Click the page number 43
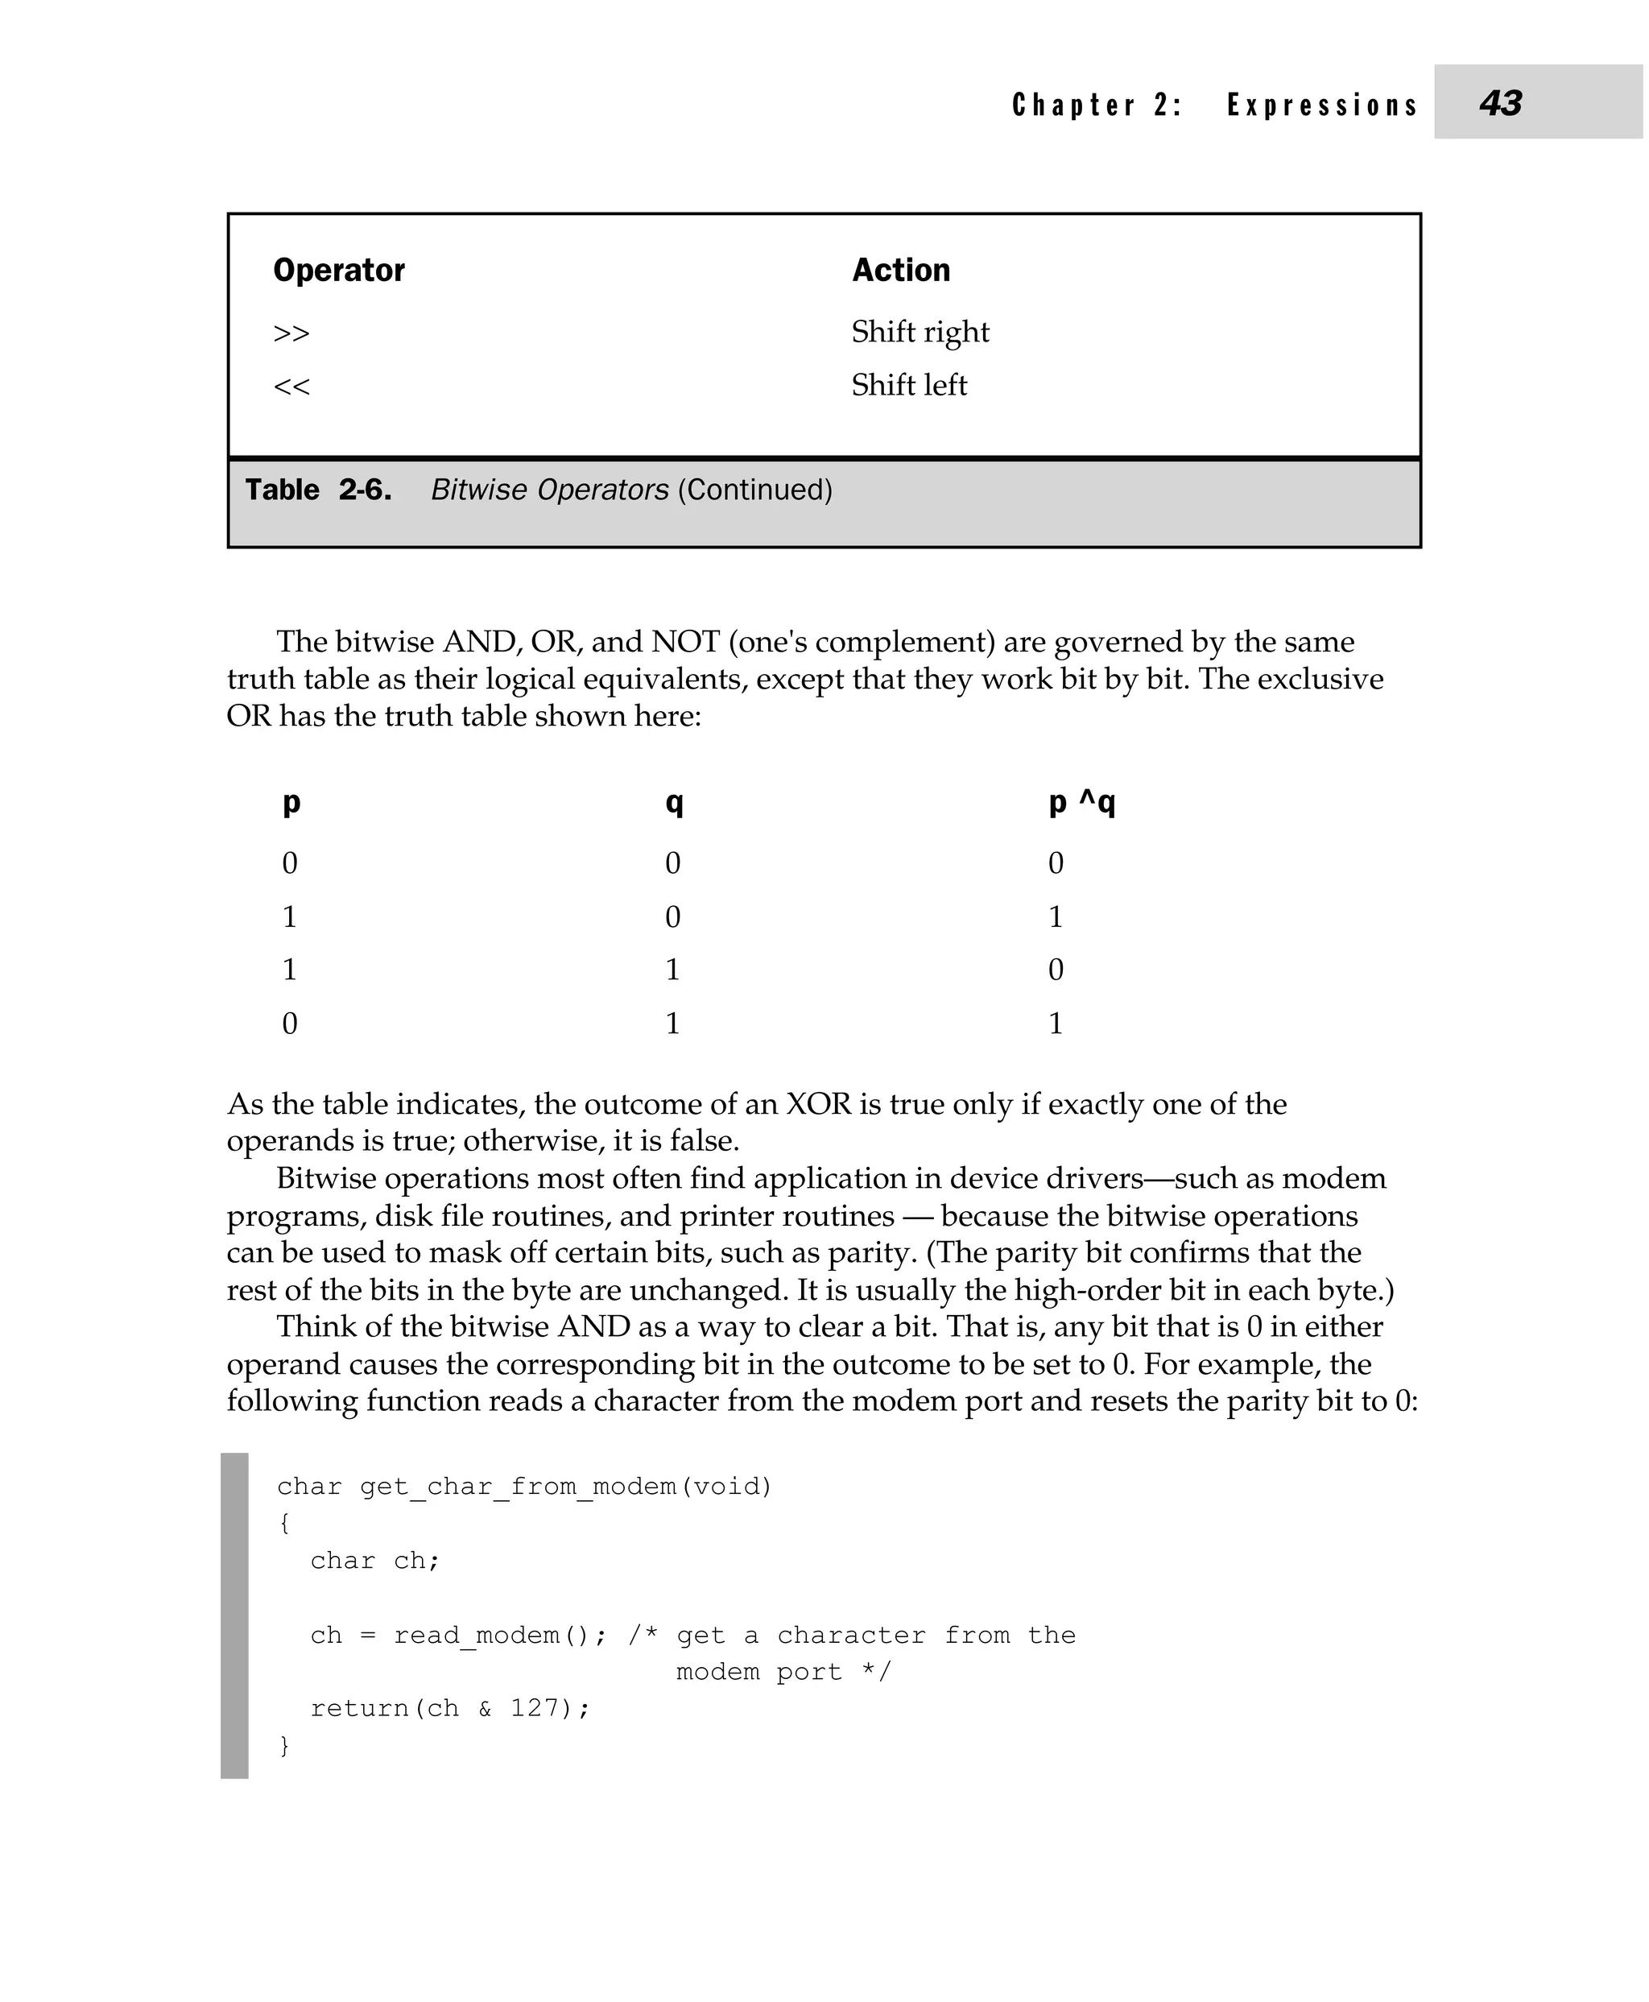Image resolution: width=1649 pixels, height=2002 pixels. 1500,102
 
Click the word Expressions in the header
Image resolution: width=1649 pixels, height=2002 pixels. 1322,105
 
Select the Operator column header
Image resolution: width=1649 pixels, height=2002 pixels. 338,270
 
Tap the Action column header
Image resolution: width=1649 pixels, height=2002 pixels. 900,270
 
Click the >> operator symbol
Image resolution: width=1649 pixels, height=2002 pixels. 291,333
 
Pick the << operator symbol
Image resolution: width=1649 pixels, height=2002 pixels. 291,387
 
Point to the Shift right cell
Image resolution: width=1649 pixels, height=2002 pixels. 920,332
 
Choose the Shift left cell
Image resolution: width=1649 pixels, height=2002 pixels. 908,385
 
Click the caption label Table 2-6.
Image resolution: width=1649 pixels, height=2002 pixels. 318,490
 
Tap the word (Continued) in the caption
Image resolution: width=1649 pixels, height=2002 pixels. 754,490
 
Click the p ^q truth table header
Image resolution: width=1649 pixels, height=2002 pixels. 1081,803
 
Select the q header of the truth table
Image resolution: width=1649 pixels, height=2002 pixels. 673,803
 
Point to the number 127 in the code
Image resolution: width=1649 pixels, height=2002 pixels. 534,1708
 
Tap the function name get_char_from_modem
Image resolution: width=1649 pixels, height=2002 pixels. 518,1486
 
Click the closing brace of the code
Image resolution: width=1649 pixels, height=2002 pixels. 283,1745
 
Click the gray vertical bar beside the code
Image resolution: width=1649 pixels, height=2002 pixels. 234,1615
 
